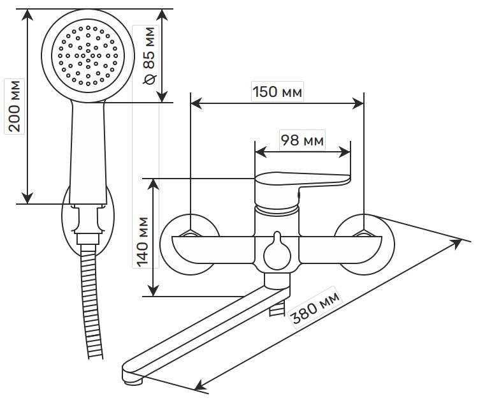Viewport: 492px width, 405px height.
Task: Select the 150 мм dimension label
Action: pyautogui.click(x=277, y=91)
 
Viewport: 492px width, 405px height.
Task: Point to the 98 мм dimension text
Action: pyautogui.click(x=303, y=140)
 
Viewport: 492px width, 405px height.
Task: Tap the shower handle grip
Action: pyautogui.click(x=88, y=153)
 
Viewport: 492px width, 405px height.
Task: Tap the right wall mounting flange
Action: pyautogui.click(x=365, y=244)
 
